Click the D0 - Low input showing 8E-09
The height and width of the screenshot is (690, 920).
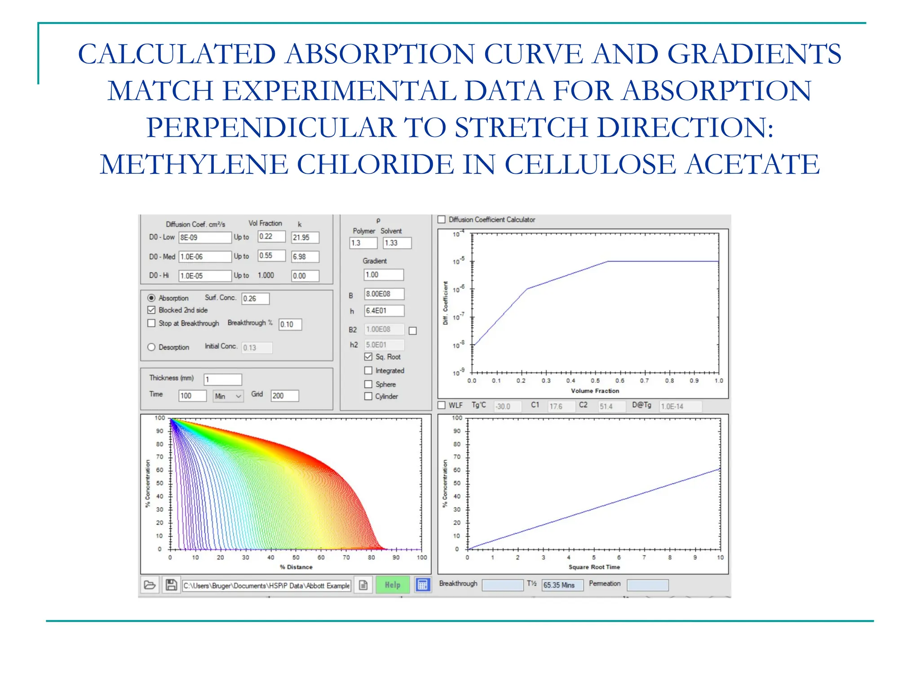click(204, 237)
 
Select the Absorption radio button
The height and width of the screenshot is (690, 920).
click(151, 298)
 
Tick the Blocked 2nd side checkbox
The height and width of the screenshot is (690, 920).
click(151, 310)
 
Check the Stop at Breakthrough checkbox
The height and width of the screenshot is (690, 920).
click(151, 323)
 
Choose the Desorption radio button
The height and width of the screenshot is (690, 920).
click(151, 347)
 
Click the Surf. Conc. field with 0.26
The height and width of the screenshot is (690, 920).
click(255, 299)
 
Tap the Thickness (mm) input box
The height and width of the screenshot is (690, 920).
click(223, 380)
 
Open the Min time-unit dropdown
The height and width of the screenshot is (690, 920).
click(228, 396)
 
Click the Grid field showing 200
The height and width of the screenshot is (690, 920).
click(284, 396)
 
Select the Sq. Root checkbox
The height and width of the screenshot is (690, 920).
click(368, 357)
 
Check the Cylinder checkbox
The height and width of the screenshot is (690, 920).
click(368, 396)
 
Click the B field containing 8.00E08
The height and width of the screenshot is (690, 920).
click(384, 294)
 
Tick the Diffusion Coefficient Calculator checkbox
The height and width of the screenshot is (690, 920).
click(442, 220)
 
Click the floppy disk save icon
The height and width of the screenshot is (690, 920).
click(171, 585)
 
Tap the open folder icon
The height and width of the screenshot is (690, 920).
click(150, 585)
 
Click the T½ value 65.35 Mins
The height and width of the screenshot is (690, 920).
click(562, 585)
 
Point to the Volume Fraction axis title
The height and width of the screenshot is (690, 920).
click(595, 391)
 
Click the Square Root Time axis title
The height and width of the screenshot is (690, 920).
click(594, 567)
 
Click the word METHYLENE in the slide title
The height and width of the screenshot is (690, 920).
click(193, 164)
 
